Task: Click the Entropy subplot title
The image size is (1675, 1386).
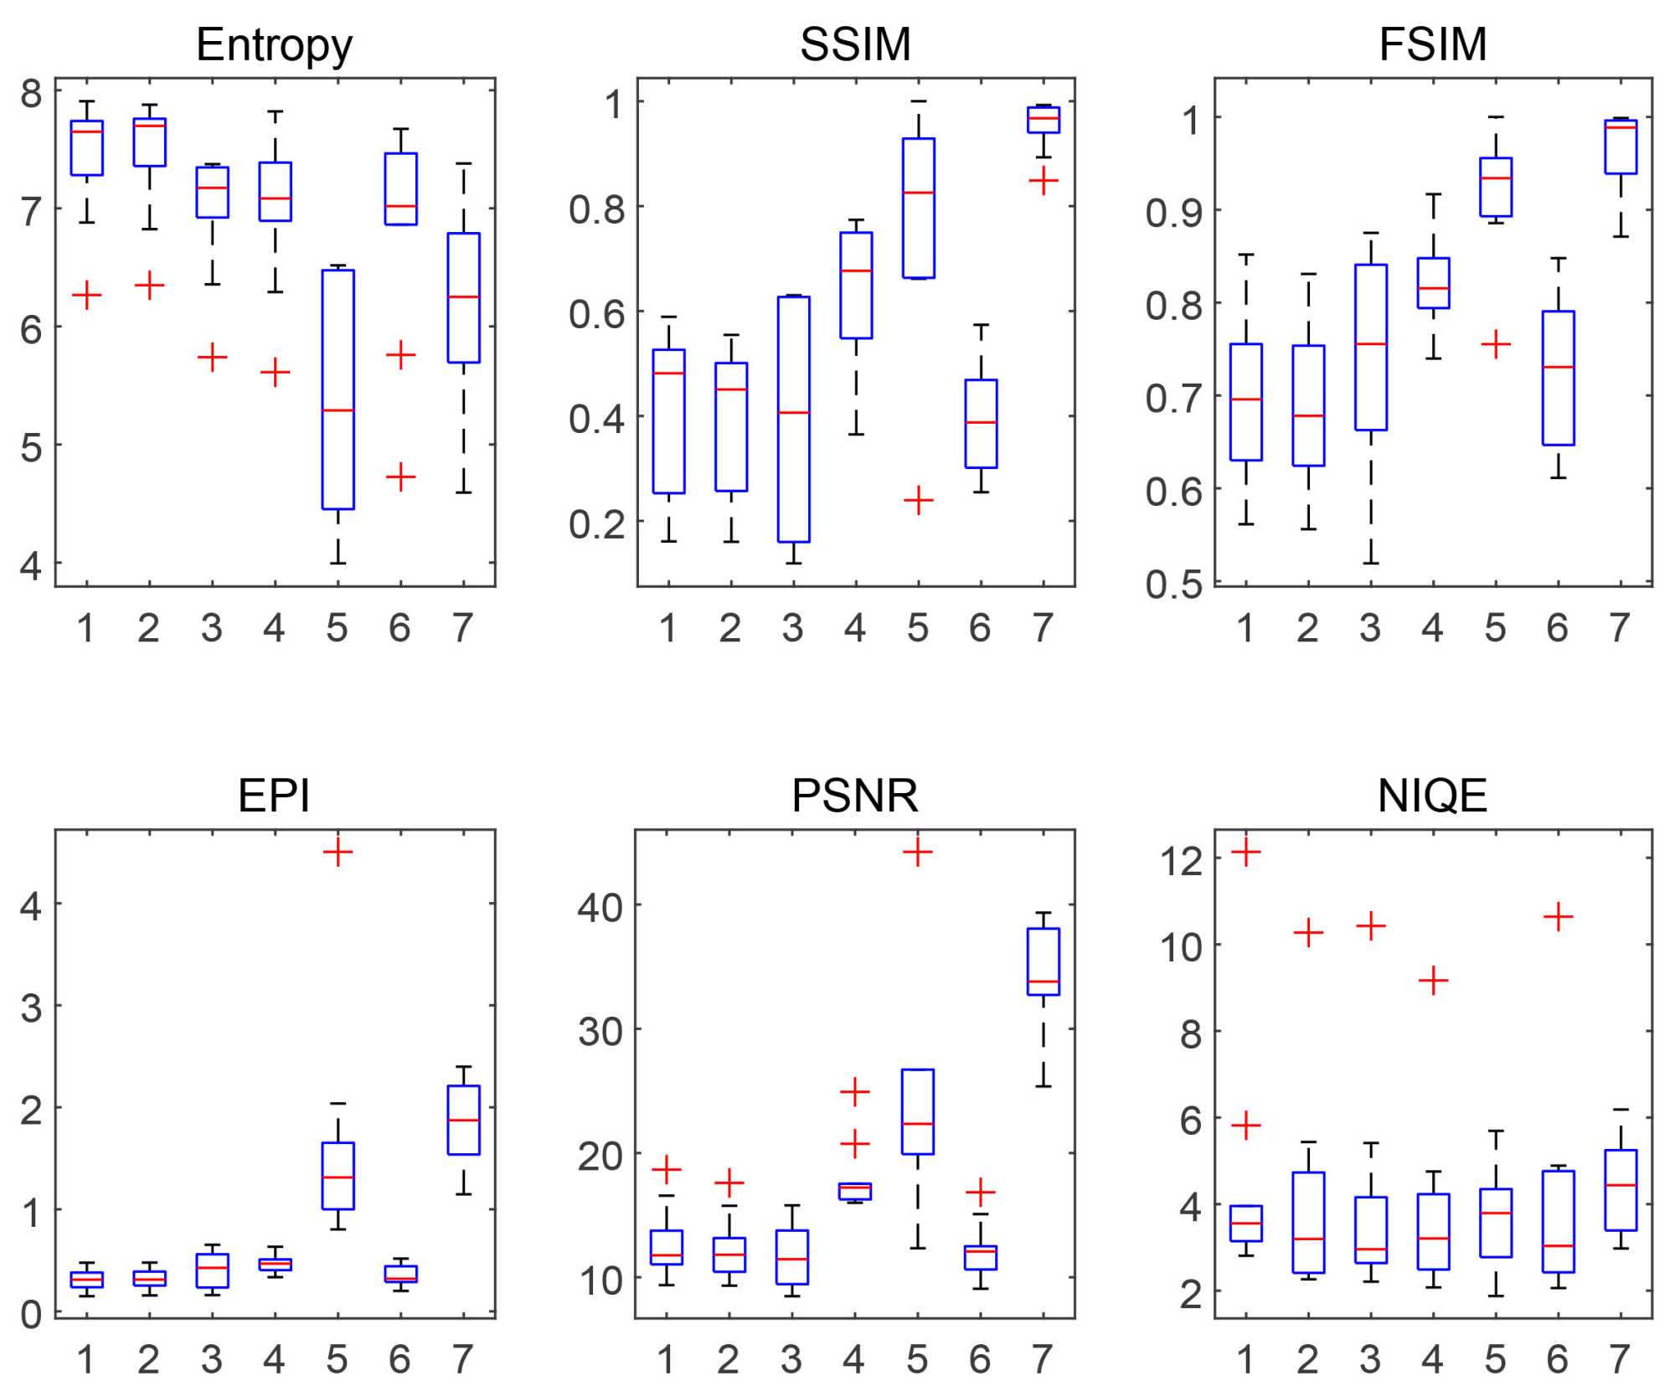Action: tap(274, 45)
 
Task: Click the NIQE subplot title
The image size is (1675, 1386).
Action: tap(1432, 795)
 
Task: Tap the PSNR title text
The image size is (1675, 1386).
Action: tap(854, 795)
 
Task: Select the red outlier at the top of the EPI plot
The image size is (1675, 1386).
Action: tap(338, 853)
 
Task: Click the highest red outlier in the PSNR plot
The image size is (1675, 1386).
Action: tap(918, 853)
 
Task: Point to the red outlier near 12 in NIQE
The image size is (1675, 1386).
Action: tap(1246, 853)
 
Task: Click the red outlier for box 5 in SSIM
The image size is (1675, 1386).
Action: tap(919, 500)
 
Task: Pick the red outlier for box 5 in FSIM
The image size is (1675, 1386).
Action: tap(1496, 344)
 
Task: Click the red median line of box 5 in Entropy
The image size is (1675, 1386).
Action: tap(338, 410)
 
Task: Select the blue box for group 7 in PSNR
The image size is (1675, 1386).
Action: tap(1044, 961)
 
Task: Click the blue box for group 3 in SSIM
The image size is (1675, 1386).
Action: tap(794, 419)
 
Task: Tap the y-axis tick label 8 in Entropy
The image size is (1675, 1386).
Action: tap(32, 94)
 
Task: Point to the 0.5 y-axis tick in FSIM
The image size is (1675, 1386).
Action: tap(1174, 585)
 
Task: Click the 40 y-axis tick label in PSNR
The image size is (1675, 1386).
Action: tap(600, 906)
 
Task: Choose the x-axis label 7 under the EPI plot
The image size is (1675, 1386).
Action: tap(463, 1358)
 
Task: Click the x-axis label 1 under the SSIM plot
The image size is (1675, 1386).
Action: tap(667, 628)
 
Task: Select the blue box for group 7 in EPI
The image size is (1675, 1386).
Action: tap(464, 1120)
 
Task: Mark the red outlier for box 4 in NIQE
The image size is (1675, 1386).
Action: tap(1434, 981)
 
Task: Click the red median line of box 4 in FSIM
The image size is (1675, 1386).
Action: tap(1434, 288)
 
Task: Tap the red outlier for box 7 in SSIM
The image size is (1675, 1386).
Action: tap(1044, 181)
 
